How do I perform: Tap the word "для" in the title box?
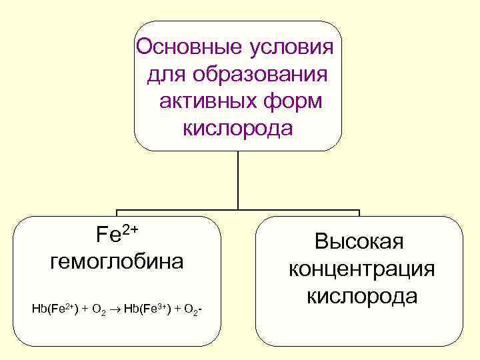164,74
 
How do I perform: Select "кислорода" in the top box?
237,127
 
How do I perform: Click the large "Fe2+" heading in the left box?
117,235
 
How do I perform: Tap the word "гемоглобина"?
117,261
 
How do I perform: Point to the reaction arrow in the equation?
115,309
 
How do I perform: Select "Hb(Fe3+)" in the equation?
146,309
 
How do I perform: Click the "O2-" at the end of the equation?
193,309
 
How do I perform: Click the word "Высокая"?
359,241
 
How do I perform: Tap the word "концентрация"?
361,268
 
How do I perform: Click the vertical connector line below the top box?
238,180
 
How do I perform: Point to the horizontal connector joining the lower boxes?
238,211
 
